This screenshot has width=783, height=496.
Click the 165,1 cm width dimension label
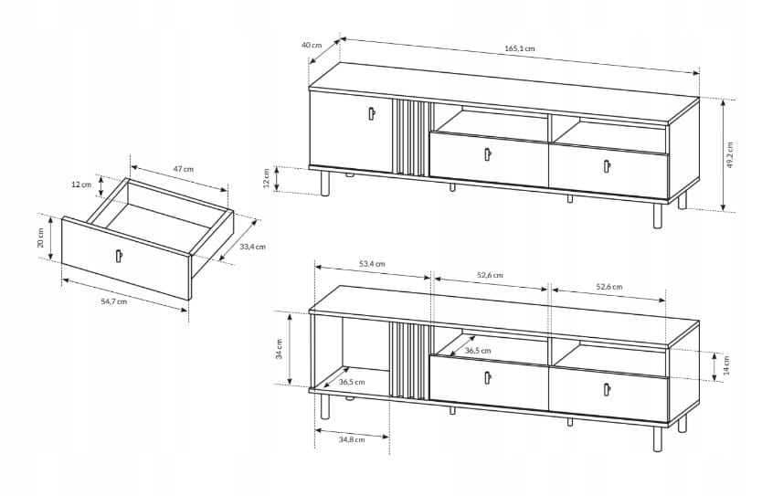(x=519, y=48)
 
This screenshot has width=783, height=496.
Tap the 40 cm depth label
(x=312, y=45)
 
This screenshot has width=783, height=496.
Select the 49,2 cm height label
(x=730, y=155)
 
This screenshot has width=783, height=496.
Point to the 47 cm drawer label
(x=184, y=169)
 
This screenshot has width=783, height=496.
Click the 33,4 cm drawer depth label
(x=253, y=247)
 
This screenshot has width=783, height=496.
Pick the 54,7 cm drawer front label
(x=114, y=301)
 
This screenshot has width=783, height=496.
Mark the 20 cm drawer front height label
(x=41, y=237)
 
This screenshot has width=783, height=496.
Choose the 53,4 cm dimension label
(x=372, y=264)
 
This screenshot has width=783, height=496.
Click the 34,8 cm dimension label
(x=352, y=439)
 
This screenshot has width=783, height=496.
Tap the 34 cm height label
(x=280, y=349)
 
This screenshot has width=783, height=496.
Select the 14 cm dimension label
(x=726, y=365)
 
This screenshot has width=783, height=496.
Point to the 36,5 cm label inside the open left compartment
(x=352, y=382)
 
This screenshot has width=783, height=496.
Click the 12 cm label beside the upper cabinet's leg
(x=266, y=178)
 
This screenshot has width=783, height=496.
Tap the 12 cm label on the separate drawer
(x=81, y=185)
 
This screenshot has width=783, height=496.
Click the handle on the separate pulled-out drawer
(x=119, y=255)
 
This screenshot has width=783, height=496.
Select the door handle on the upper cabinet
(x=371, y=114)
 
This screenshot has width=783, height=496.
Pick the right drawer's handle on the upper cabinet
(x=608, y=166)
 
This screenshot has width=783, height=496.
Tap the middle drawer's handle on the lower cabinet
(x=487, y=378)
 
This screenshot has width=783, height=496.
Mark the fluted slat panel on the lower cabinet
(x=408, y=361)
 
